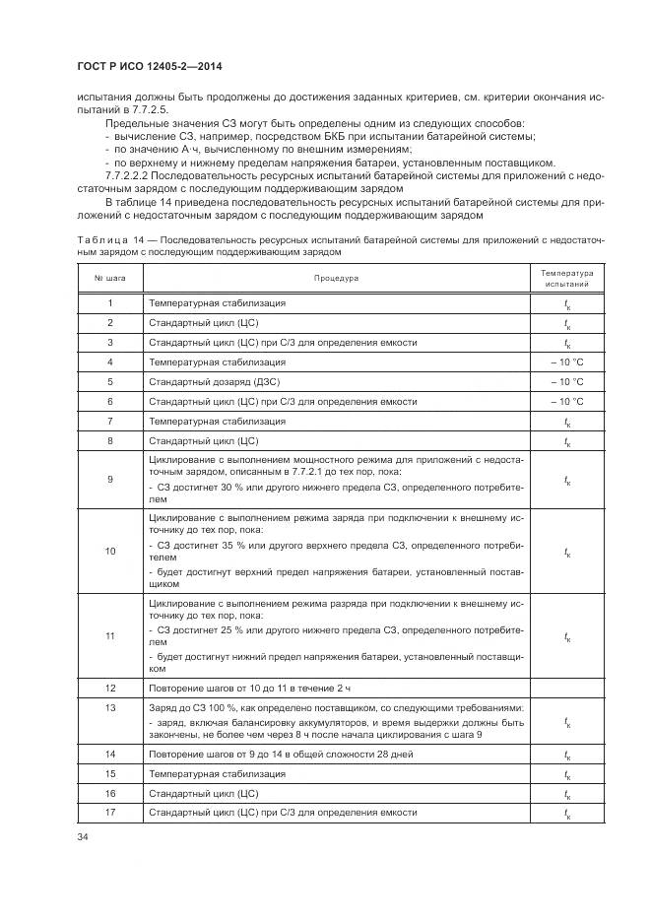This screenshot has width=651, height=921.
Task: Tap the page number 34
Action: (82, 837)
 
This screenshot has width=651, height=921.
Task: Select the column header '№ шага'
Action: (110, 278)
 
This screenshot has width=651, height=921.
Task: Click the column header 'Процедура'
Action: (336, 278)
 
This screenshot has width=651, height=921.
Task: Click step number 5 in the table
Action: (110, 381)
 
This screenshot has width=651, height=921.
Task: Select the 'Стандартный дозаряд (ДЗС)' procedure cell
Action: (213, 381)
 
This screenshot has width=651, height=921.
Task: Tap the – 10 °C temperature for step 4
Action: (566, 362)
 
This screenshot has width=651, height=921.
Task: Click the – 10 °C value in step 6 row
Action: (566, 401)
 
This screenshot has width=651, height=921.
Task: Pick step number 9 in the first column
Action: (110, 479)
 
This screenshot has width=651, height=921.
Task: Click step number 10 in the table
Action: (110, 552)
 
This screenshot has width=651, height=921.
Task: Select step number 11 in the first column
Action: (110, 636)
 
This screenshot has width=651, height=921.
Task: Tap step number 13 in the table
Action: (110, 707)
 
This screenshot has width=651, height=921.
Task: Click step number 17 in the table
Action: (110, 813)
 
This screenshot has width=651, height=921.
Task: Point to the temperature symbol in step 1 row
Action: (566, 303)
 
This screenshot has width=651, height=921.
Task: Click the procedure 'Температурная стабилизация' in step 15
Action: (217, 773)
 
